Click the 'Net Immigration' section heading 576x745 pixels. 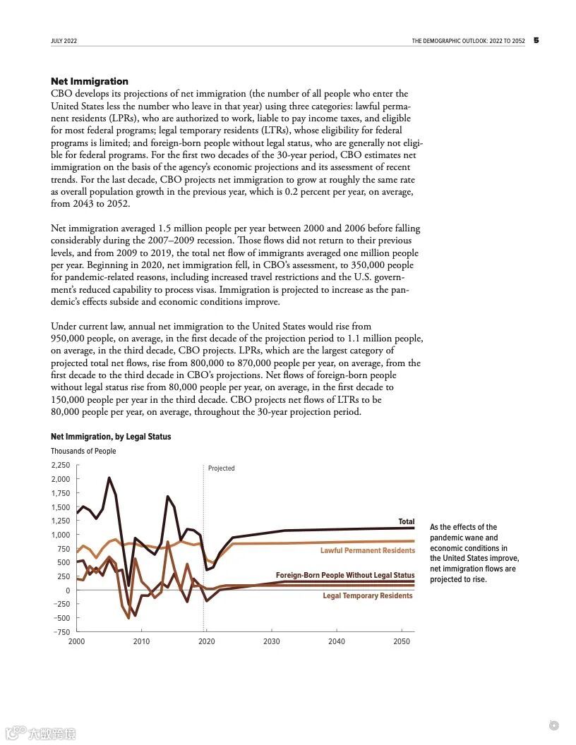coord(90,82)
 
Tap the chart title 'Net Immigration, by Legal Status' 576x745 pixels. coord(111,437)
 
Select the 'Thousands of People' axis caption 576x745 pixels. coord(83,452)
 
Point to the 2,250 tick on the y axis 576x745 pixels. coord(61,466)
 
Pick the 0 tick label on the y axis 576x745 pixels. coord(68,590)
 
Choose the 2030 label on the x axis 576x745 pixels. coord(272,641)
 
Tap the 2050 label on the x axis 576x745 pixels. coord(402,641)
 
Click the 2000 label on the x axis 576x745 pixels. coord(76,641)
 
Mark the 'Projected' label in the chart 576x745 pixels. coord(222,468)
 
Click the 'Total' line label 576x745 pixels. coord(407,522)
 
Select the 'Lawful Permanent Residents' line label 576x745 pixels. coord(367,550)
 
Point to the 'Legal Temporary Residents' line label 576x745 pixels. coord(367,596)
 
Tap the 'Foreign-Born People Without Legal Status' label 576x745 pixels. coord(345,576)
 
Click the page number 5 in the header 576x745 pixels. coord(536,40)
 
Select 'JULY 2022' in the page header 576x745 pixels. coord(64,41)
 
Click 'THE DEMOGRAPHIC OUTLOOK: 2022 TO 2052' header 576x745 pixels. coord(468,41)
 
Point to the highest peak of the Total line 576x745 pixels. coord(109,478)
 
